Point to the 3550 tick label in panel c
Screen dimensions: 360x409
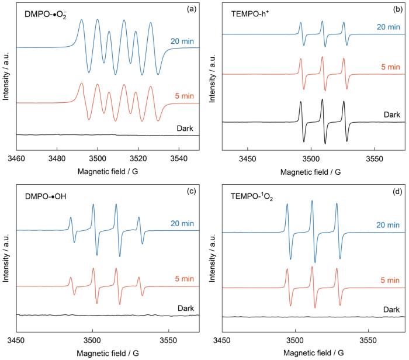click(168, 340)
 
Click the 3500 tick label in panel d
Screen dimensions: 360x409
click(296, 340)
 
